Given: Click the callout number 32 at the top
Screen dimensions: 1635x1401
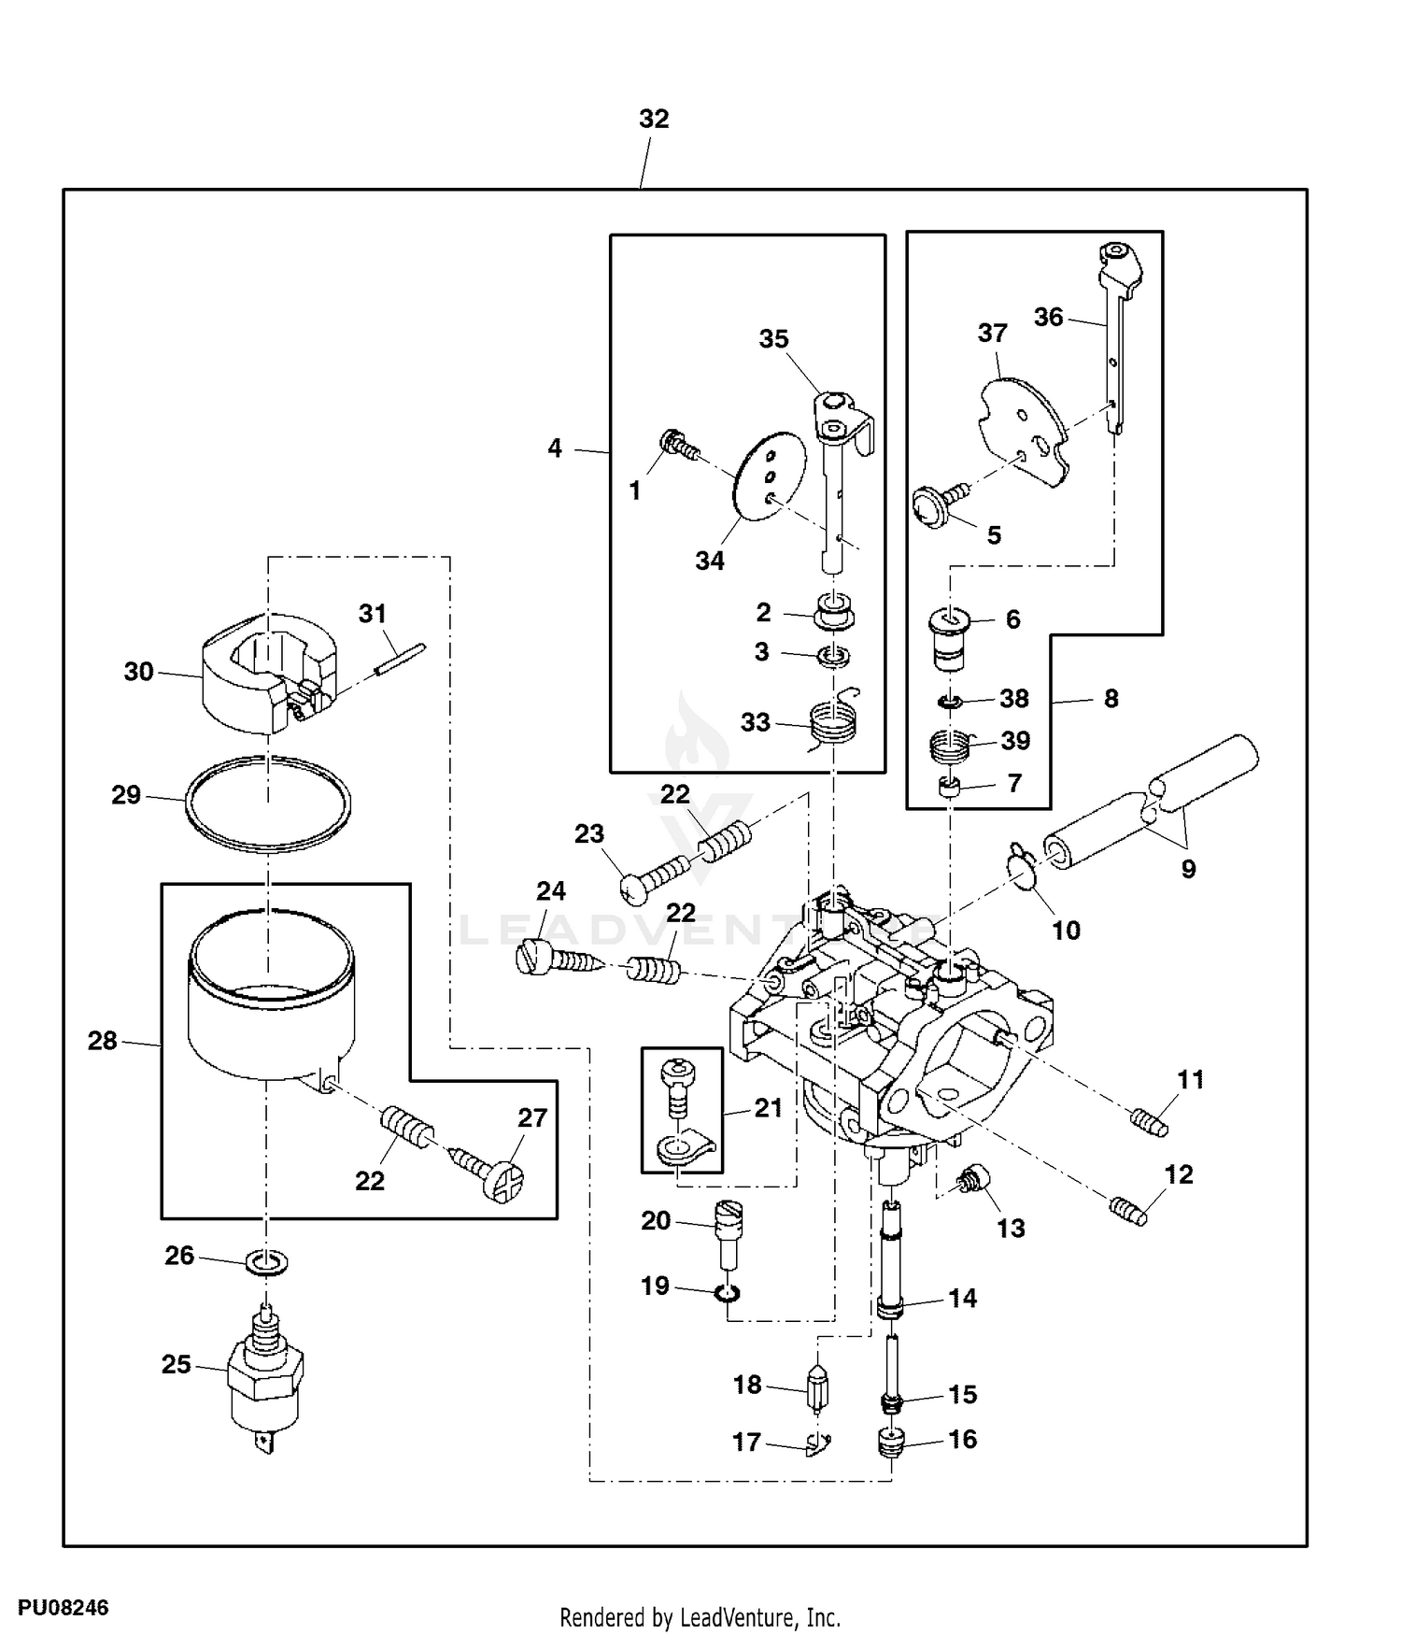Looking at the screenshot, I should coord(654,119).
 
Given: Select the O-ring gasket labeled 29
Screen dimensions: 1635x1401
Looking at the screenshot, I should coord(268,803).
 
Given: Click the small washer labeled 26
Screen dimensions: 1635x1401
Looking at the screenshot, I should coord(267,1263).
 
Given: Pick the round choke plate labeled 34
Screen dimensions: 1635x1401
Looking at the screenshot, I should coord(771,476).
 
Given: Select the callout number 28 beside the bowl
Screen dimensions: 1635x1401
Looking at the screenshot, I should coord(102,1040).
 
